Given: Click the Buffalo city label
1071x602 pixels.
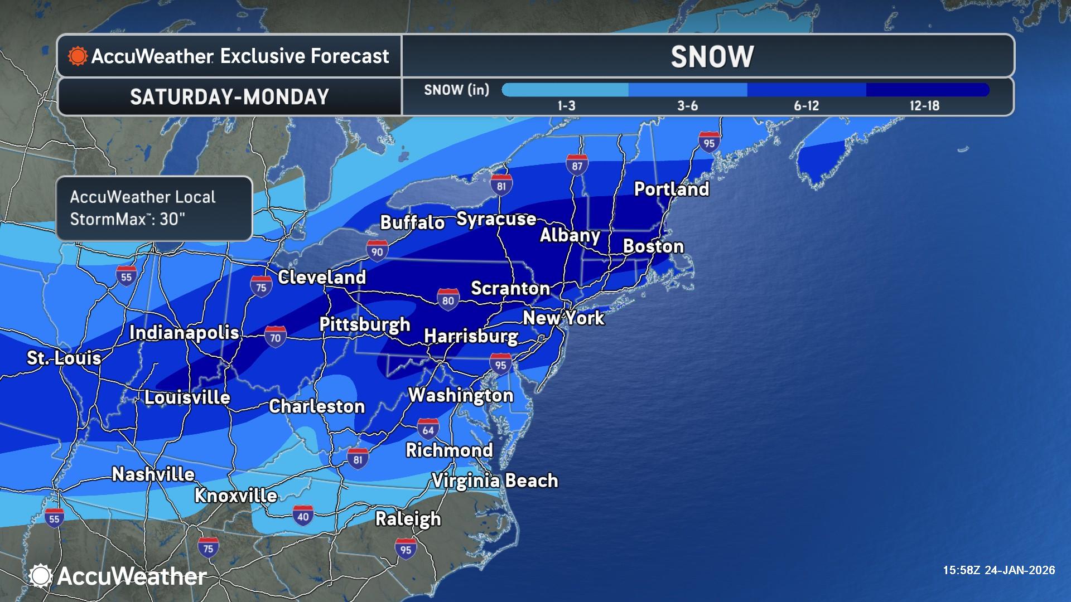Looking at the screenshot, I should (x=412, y=222).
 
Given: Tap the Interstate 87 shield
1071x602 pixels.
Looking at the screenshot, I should (x=577, y=164).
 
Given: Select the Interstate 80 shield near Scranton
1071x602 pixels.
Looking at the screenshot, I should (x=448, y=300).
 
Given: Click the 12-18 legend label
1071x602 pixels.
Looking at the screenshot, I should (x=924, y=105).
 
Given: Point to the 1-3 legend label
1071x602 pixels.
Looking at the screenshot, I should (x=566, y=105).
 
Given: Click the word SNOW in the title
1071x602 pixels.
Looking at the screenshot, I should (x=712, y=56).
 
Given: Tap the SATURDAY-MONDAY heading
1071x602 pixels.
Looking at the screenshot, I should (x=229, y=96).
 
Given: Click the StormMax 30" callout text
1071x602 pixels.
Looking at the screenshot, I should (x=143, y=208).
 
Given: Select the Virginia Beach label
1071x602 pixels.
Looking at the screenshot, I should (x=495, y=480).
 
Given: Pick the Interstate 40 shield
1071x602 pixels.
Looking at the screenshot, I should (x=303, y=516).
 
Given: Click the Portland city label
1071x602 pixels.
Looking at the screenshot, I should (x=672, y=189).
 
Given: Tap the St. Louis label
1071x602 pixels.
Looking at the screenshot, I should (x=64, y=357).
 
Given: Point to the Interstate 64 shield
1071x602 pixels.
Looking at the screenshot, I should (x=428, y=429).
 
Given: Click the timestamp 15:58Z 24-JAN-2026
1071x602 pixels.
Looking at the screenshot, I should (x=998, y=570).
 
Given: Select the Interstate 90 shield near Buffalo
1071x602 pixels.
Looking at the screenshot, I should (x=377, y=251).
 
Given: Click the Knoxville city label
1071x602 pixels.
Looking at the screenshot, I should (x=235, y=495).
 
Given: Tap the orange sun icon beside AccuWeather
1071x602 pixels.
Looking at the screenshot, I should (x=78, y=56).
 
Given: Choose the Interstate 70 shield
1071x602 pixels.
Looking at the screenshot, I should (x=275, y=337).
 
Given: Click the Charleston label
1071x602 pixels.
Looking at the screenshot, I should (x=316, y=406).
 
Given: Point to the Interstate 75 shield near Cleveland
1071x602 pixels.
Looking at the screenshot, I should (x=261, y=287).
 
